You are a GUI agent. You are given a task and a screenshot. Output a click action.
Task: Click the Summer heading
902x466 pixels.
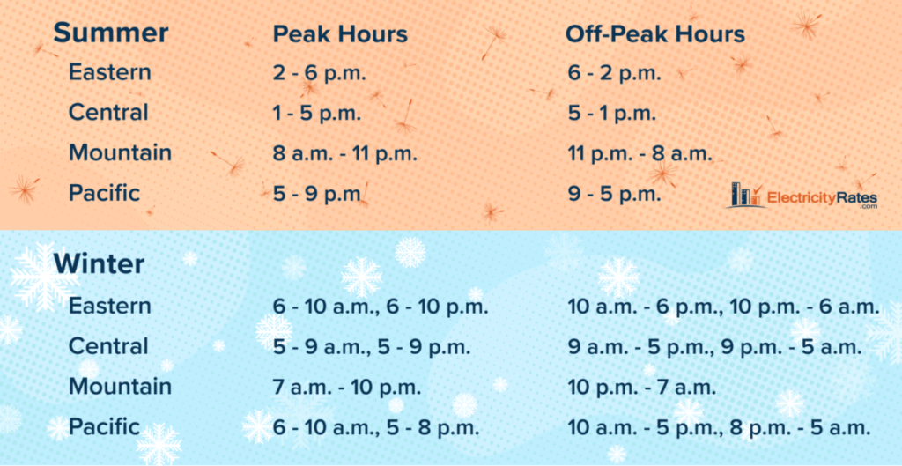pyautogui.click(x=110, y=33)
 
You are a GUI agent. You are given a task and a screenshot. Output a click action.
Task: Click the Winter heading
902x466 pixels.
pyautogui.click(x=99, y=264)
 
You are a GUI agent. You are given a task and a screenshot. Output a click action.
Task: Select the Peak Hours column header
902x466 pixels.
pyautogui.click(x=340, y=34)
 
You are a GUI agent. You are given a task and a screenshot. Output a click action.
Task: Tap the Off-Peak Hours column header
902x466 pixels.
pyautogui.click(x=655, y=34)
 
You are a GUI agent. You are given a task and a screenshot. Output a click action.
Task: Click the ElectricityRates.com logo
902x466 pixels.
pyautogui.click(x=802, y=196)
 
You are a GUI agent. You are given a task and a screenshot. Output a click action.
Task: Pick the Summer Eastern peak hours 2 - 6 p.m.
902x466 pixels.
pyautogui.click(x=319, y=74)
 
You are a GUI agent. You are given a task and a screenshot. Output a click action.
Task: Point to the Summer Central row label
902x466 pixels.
pyautogui.click(x=108, y=112)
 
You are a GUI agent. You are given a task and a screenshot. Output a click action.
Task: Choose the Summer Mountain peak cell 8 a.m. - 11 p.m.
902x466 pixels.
pyautogui.click(x=344, y=153)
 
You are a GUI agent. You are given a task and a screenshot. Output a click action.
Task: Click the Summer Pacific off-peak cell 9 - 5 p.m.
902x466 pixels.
pyautogui.click(x=614, y=194)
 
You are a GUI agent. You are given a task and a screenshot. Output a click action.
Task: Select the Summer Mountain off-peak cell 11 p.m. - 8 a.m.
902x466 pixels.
pyautogui.click(x=640, y=153)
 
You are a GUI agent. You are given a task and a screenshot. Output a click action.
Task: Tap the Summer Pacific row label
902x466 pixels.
pyautogui.click(x=104, y=193)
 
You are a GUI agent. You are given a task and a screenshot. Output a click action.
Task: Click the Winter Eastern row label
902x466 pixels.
pyautogui.click(x=110, y=306)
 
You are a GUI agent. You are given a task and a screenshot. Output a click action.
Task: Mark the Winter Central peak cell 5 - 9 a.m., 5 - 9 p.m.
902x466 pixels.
pyautogui.click(x=372, y=347)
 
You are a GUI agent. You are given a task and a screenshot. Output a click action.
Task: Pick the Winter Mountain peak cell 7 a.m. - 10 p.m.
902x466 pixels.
pyautogui.click(x=347, y=387)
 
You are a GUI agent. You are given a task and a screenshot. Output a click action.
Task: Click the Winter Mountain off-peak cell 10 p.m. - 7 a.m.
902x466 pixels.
pyautogui.click(x=642, y=387)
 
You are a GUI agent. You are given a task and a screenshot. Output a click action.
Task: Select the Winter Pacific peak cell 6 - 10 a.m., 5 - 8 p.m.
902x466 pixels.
pyautogui.click(x=376, y=427)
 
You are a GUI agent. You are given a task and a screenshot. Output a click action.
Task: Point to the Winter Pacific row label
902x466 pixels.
pyautogui.click(x=104, y=426)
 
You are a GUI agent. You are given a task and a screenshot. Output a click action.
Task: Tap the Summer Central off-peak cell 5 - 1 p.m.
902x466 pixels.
pyautogui.click(x=611, y=114)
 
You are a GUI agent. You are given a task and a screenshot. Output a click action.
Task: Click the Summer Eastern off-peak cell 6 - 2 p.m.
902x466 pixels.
pyautogui.click(x=614, y=74)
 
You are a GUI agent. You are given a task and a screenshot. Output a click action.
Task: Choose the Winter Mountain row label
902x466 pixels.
pyautogui.click(x=120, y=386)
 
